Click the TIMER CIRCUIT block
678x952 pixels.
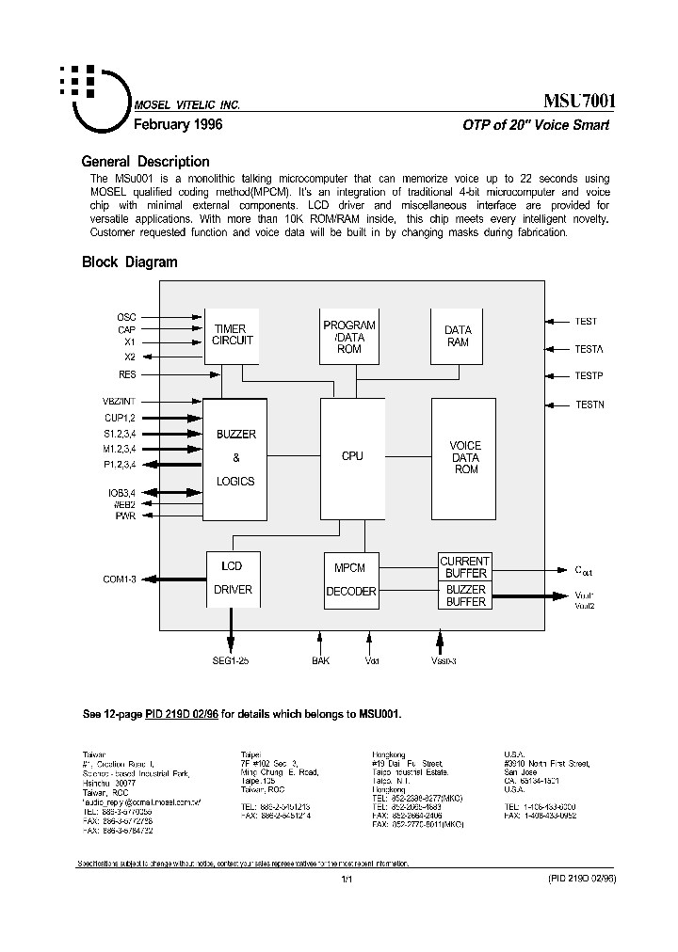[232, 336]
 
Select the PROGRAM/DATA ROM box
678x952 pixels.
[348, 336]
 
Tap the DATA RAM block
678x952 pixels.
[458, 336]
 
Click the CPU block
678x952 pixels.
[352, 457]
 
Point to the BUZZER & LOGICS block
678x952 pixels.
[235, 458]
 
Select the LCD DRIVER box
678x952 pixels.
[233, 578]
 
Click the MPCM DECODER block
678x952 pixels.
[350, 579]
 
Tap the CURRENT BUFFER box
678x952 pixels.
[465, 567]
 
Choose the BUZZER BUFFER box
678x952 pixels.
[465, 595]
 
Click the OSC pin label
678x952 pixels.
[126, 317]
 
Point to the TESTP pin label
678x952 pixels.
[589, 375]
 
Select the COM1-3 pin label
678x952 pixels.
[120, 579]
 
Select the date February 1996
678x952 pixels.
[178, 124]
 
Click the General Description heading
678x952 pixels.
[145, 162]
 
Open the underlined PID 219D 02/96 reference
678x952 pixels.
[181, 714]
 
